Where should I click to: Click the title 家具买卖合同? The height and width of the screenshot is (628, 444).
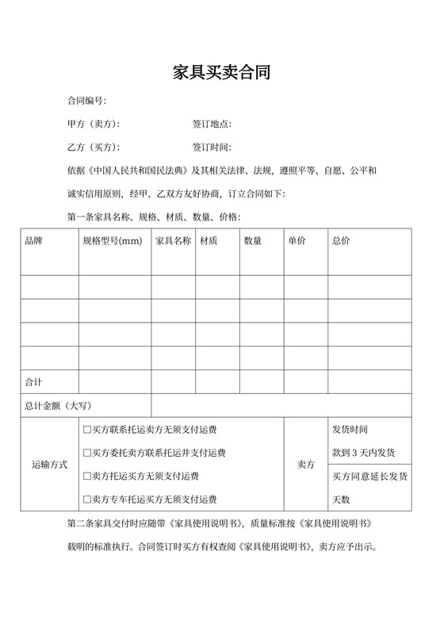pyautogui.click(x=222, y=74)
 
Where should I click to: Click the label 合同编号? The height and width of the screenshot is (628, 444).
pyautogui.click(x=86, y=101)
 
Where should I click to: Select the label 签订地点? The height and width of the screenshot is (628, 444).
pyautogui.click(x=212, y=124)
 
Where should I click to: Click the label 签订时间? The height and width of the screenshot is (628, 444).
pyautogui.click(x=212, y=147)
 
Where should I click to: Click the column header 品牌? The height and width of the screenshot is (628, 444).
pyautogui.click(x=35, y=240)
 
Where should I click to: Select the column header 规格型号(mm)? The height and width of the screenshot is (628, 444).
pyautogui.click(x=112, y=240)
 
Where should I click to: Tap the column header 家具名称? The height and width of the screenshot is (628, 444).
pyautogui.click(x=173, y=240)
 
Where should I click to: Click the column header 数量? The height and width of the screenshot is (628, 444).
pyautogui.click(x=253, y=240)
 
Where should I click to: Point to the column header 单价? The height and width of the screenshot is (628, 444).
pyautogui.click(x=297, y=240)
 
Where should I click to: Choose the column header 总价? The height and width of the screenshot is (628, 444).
pyautogui.click(x=341, y=240)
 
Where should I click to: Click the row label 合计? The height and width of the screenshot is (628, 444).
pyautogui.click(x=34, y=382)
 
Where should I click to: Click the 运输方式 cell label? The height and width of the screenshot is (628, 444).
pyautogui.click(x=49, y=464)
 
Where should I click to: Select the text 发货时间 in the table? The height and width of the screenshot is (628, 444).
pyautogui.click(x=350, y=430)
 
